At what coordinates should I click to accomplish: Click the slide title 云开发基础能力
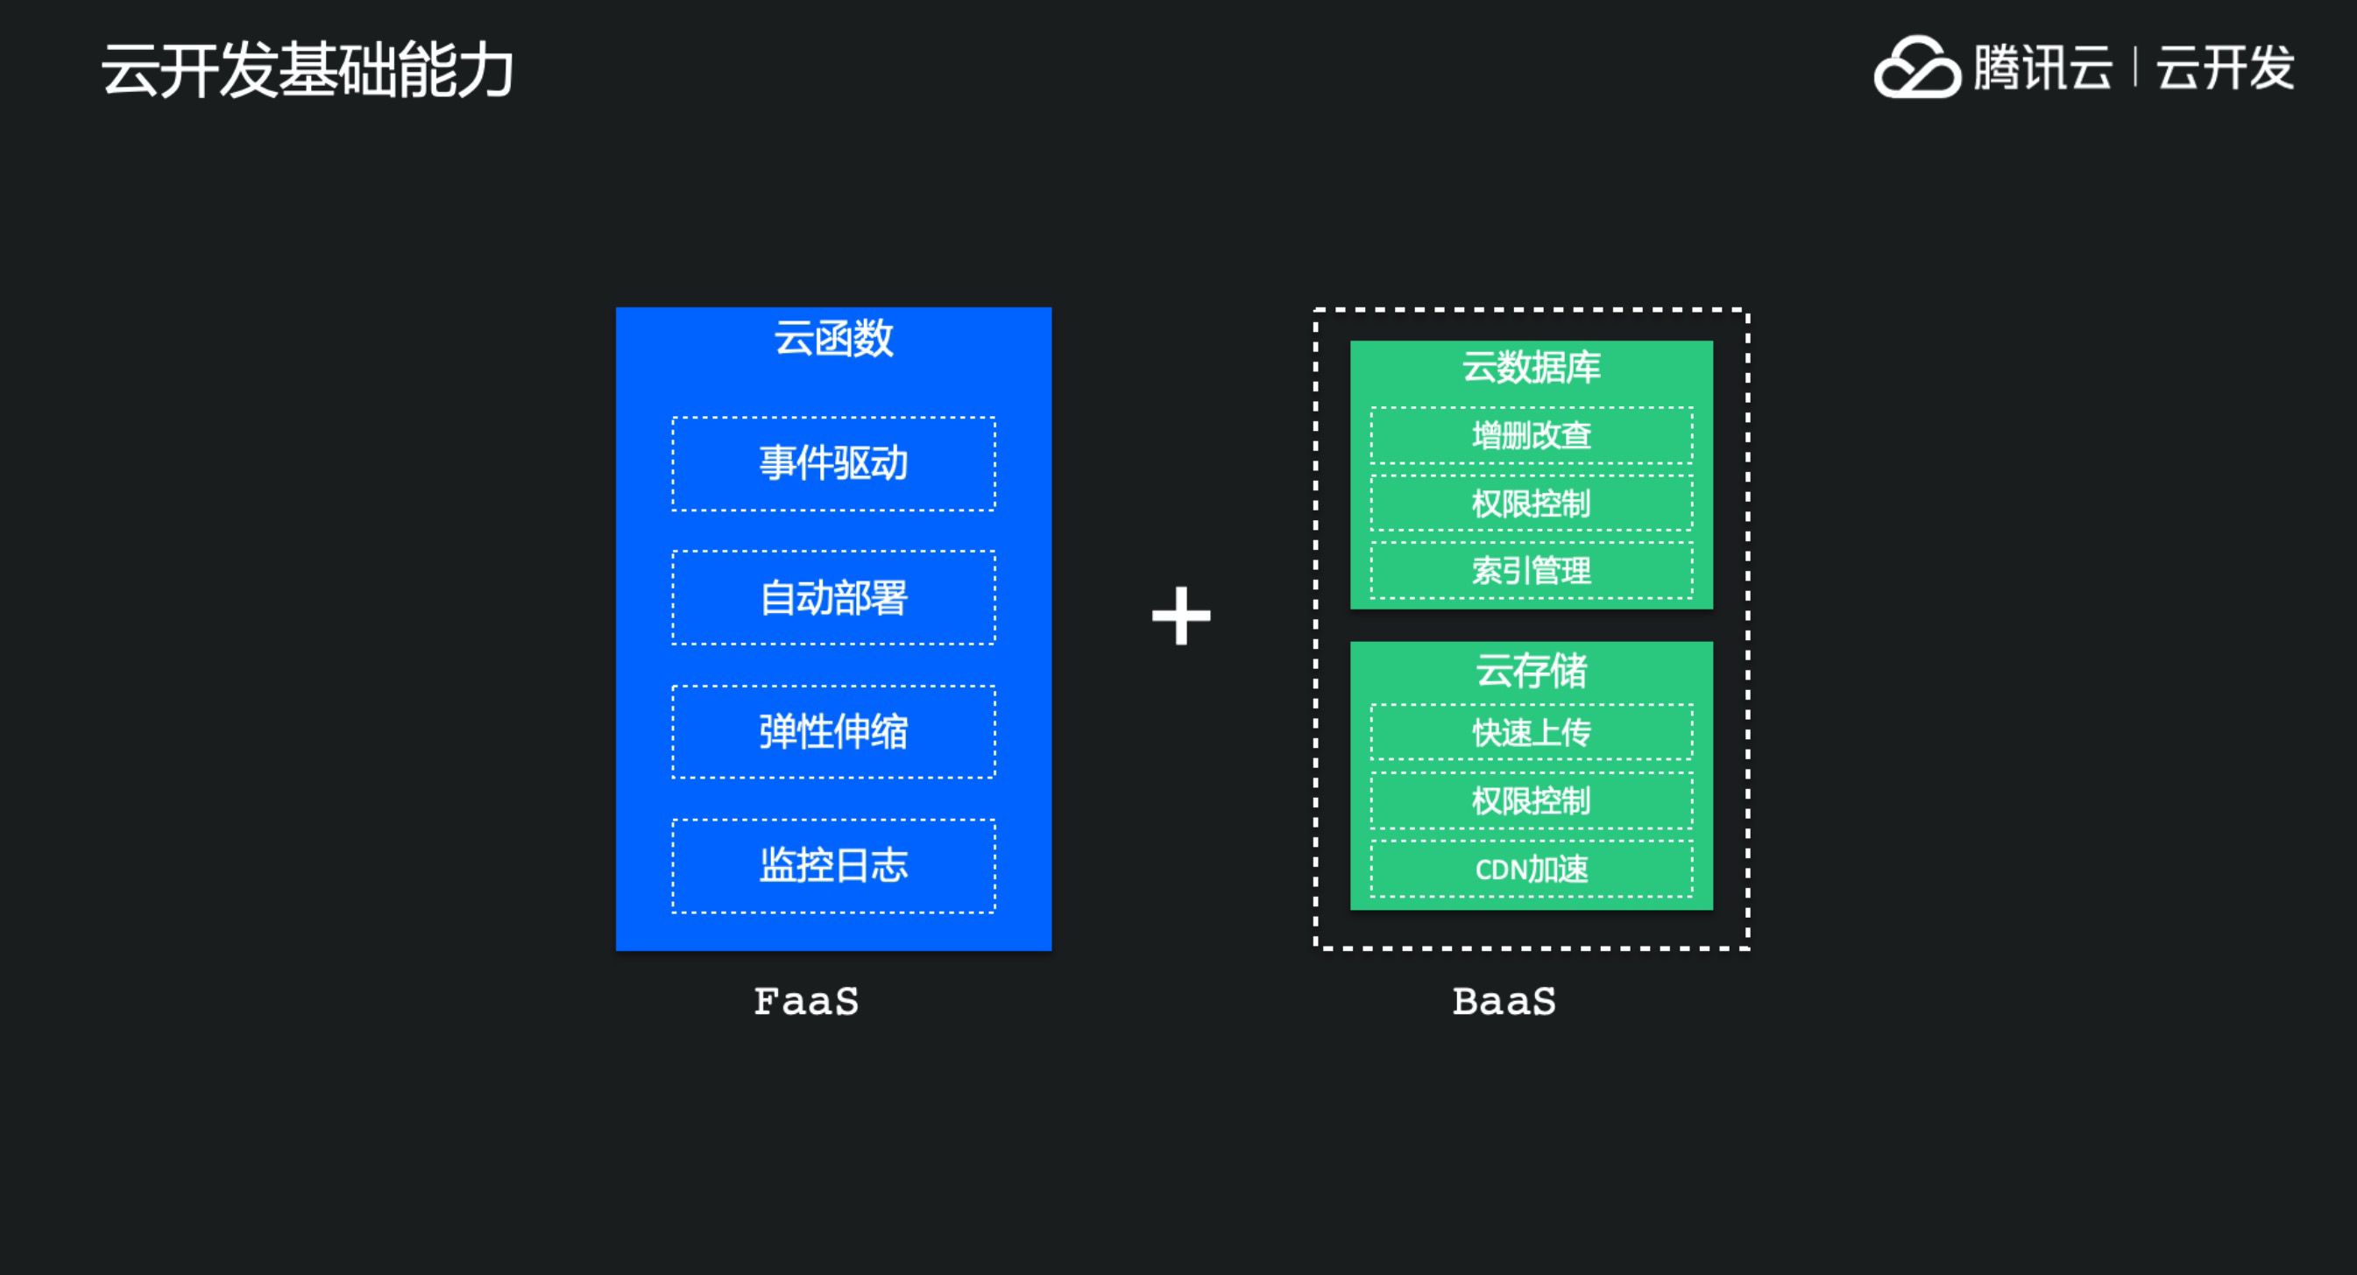coord(308,69)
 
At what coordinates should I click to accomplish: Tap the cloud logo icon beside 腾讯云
coord(1916,67)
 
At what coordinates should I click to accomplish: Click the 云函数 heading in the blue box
coord(833,337)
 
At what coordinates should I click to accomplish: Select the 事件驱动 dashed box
coord(833,464)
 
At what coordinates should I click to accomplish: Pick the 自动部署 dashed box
coord(833,598)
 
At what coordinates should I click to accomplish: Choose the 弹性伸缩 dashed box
coord(833,732)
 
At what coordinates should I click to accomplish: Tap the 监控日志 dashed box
coord(833,865)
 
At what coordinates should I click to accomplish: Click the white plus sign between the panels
coord(1180,616)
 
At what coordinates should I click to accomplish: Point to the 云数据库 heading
coord(1531,367)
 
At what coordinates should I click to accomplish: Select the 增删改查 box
coord(1531,435)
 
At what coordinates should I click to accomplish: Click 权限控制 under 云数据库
coord(1531,503)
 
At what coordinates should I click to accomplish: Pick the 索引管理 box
coord(1531,571)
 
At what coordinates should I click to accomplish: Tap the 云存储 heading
coord(1531,671)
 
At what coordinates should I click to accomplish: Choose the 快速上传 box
coord(1531,732)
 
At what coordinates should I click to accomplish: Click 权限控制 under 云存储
coord(1531,800)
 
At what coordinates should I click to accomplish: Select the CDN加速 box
coord(1531,868)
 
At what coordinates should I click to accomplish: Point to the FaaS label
coord(806,1002)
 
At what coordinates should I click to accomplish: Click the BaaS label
coord(1504,1002)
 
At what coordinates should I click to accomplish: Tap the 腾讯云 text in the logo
coord(2042,67)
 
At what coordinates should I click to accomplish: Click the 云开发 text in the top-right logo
coord(2226,67)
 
